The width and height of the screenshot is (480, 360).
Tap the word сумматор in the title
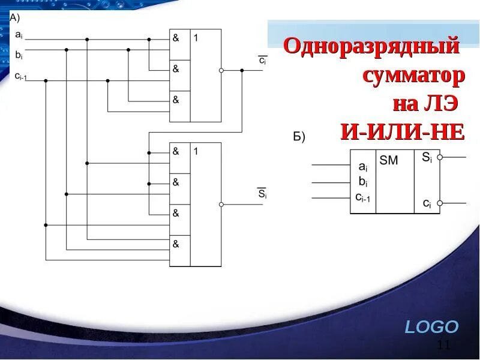click(413, 76)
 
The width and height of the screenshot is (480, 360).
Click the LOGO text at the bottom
click(431, 327)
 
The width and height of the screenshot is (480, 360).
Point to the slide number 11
click(444, 344)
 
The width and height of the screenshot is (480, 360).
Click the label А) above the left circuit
click(14, 18)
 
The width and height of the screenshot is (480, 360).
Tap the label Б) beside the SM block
click(299, 137)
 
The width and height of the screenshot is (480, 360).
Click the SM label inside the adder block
click(389, 161)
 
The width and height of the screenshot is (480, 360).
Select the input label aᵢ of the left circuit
click(19, 35)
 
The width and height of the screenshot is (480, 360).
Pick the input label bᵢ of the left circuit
click(19, 55)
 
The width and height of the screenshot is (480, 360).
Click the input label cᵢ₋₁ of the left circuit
click(21, 76)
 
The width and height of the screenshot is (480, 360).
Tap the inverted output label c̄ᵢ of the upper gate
click(263, 61)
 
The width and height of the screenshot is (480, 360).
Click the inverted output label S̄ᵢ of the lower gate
click(262, 194)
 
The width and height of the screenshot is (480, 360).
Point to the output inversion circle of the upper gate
click(221, 70)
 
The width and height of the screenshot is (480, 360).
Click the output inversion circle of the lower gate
click(221, 205)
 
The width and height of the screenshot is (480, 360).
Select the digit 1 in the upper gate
click(196, 38)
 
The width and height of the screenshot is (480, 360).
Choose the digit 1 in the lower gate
click(196, 152)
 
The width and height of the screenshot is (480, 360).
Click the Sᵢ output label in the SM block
click(426, 157)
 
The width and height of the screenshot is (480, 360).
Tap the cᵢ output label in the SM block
click(427, 203)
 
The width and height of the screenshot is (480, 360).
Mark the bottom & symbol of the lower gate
click(176, 244)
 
